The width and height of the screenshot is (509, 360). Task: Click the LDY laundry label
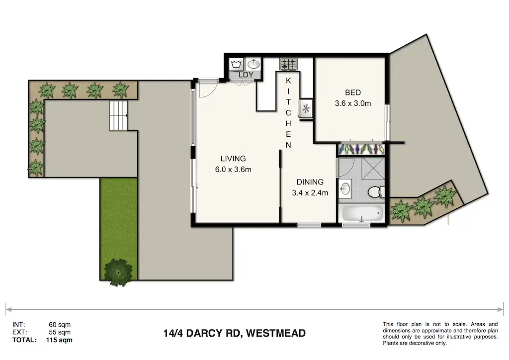tap(246, 75)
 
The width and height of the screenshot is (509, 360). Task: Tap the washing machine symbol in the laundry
tap(237, 64)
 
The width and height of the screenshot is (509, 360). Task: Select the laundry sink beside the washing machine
tap(254, 64)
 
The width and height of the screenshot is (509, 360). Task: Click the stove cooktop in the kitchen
tap(288, 64)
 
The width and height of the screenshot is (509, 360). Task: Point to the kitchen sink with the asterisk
tap(305, 109)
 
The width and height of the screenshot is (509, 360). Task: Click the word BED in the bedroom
tap(352, 92)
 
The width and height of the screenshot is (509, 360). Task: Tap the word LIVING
tap(233, 159)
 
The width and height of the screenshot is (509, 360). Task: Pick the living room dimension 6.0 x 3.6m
tap(233, 170)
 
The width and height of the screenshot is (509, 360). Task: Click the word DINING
tap(310, 182)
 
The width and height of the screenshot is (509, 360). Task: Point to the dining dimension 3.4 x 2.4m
tap(310, 193)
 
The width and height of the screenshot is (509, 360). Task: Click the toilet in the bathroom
tap(375, 191)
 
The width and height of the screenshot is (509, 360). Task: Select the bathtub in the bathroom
tap(362, 214)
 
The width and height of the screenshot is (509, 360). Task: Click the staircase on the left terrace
tap(118, 115)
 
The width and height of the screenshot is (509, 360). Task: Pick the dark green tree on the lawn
tap(118, 270)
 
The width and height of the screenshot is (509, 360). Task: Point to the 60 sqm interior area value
tap(60, 325)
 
